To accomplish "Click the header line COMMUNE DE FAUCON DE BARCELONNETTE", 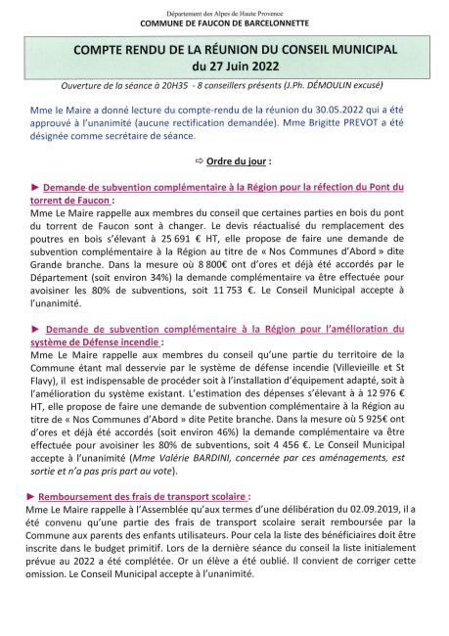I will [x=224, y=22].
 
